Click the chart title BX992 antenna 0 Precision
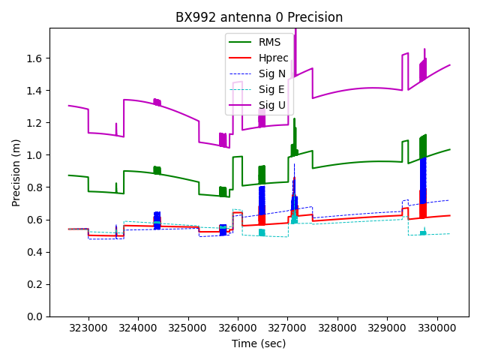pos(259,17)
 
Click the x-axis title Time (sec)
pos(259,343)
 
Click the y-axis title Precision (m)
pos(16,172)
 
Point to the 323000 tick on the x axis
pos(88,328)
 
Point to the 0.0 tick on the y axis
pos(36,316)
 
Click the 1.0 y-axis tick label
pos(36,155)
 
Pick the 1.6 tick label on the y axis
pos(36,58)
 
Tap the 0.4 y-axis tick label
pos(36,252)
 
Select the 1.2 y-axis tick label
pos(36,123)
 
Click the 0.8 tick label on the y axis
pos(36,187)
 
